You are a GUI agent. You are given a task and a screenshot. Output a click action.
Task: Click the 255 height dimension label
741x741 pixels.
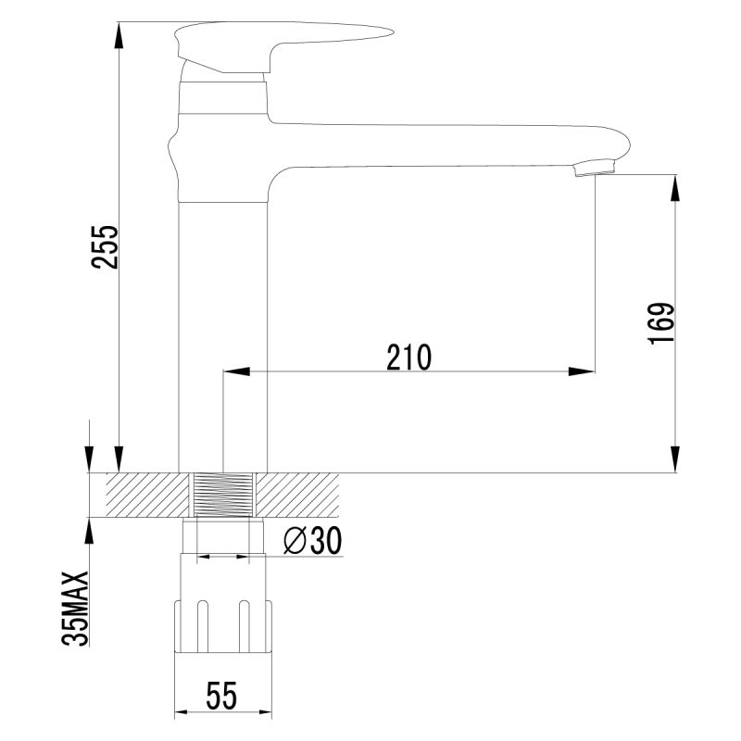click(106, 246)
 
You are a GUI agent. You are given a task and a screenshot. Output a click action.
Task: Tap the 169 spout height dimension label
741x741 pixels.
click(659, 323)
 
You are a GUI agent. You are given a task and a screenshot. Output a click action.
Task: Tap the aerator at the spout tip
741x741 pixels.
click(596, 169)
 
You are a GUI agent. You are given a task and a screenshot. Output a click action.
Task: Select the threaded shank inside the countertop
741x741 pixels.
click(222, 496)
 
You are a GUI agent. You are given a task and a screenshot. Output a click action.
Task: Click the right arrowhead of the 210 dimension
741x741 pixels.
click(584, 371)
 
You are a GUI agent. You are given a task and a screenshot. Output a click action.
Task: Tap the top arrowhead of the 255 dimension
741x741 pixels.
click(120, 33)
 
